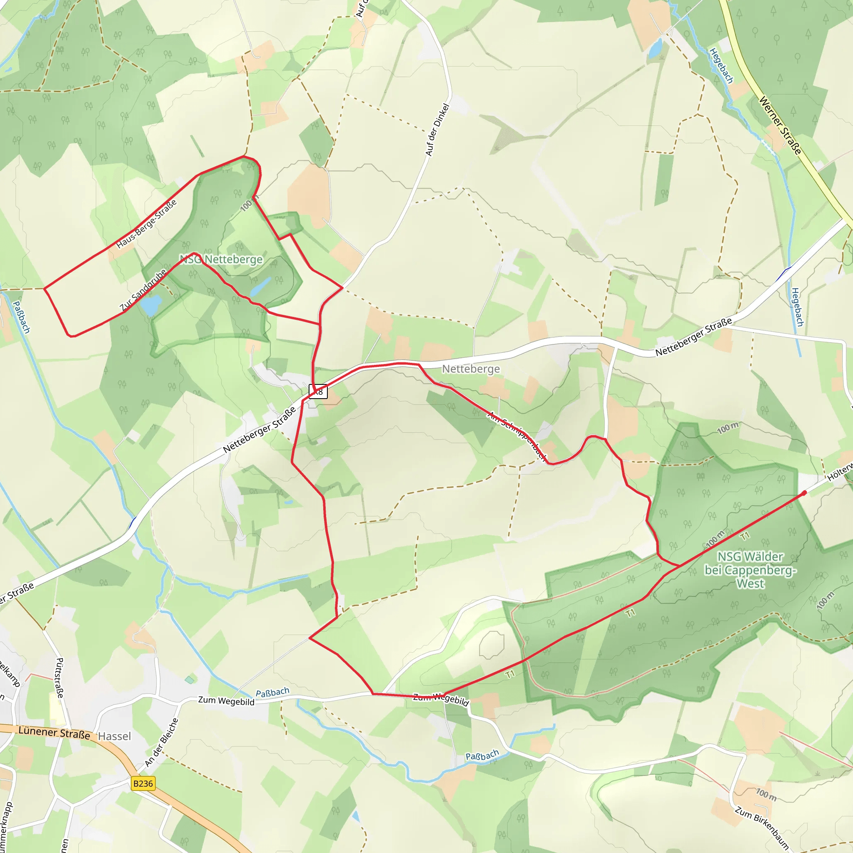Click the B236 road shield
142,784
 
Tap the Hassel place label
115,736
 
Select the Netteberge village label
471,369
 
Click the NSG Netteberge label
221,259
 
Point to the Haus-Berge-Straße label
147,223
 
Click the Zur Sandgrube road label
143,289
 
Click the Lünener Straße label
54,732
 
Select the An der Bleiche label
162,743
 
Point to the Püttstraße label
60,678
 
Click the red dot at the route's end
804,493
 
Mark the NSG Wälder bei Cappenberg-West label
750,570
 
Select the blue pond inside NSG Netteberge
260,287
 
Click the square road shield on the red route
318,391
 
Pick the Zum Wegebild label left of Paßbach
226,701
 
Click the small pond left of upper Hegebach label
656,48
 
